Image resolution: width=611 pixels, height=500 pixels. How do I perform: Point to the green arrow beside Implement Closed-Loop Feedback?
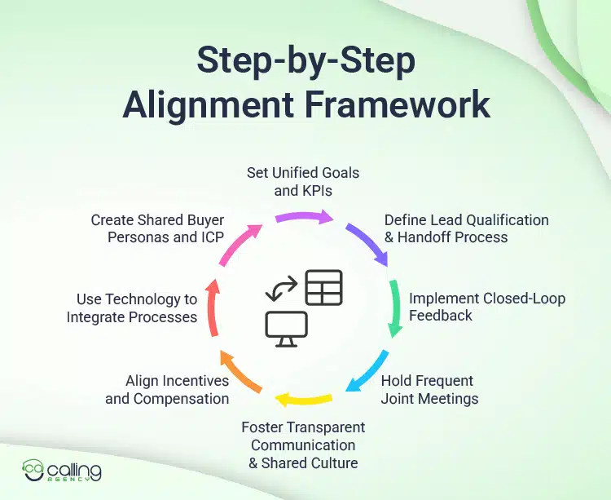tap(395, 308)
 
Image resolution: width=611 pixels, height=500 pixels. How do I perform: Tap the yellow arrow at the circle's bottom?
tap(303, 400)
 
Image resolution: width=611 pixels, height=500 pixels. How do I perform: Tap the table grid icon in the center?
tap(323, 287)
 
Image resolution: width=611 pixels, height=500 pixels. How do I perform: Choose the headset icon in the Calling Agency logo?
tap(33, 471)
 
